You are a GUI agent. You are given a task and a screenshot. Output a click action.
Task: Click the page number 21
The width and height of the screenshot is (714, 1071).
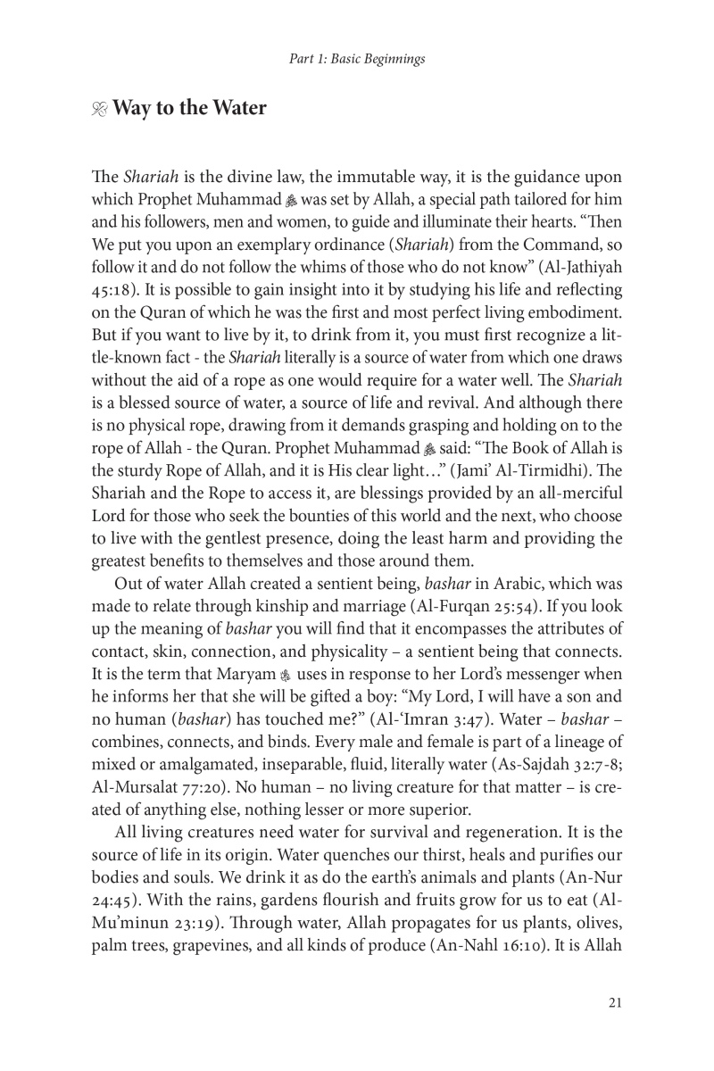click(x=614, y=1001)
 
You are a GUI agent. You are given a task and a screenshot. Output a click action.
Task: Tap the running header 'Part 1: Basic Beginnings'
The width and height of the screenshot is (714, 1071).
click(x=356, y=60)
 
